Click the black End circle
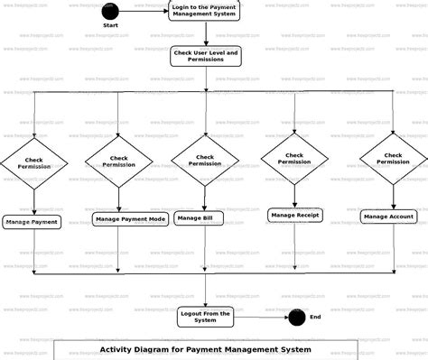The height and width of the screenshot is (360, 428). tap(295, 317)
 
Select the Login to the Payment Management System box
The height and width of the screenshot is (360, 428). tap(205, 11)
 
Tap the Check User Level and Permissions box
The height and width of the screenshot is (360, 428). tap(205, 57)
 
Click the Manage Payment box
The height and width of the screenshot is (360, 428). tap(33, 221)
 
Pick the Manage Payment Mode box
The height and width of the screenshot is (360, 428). tap(129, 219)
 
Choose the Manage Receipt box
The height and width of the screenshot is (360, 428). tap(295, 215)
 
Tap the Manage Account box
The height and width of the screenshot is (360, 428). tap(389, 217)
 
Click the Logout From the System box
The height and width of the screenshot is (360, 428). tap(205, 316)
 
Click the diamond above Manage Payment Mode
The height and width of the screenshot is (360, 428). tap(119, 162)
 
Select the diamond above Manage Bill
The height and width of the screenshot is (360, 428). tap(205, 160)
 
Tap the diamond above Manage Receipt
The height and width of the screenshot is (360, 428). tap(294, 159)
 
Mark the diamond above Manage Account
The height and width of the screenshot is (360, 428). tap(393, 159)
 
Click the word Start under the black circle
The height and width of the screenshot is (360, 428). tap(110, 26)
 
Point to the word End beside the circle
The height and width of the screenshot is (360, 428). tap(315, 317)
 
